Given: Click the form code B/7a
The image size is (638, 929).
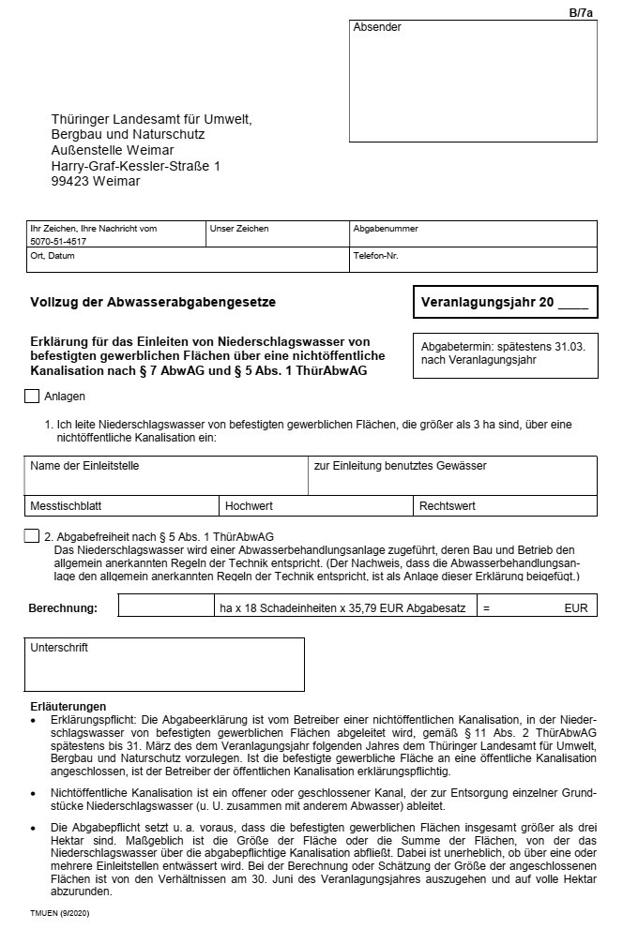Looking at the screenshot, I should [x=582, y=12].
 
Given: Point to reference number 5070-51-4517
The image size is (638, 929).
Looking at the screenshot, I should [x=58, y=241].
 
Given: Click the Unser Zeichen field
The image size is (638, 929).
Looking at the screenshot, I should [x=277, y=238].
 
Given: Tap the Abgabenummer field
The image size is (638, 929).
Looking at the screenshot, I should [x=473, y=238].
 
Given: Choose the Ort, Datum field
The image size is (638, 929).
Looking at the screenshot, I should [x=188, y=262].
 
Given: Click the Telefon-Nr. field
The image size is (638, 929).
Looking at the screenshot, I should [x=473, y=262].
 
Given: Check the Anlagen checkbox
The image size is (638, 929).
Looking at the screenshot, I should [x=32, y=397].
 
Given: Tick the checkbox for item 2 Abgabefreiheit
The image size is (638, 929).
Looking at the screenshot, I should [x=32, y=536].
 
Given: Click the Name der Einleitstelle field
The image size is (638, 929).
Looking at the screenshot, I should [x=167, y=478].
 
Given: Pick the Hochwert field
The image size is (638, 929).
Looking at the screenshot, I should [x=318, y=506].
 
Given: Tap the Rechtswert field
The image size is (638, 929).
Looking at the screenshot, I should [x=506, y=506].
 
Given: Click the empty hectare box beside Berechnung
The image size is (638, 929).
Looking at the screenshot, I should [x=166, y=607].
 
